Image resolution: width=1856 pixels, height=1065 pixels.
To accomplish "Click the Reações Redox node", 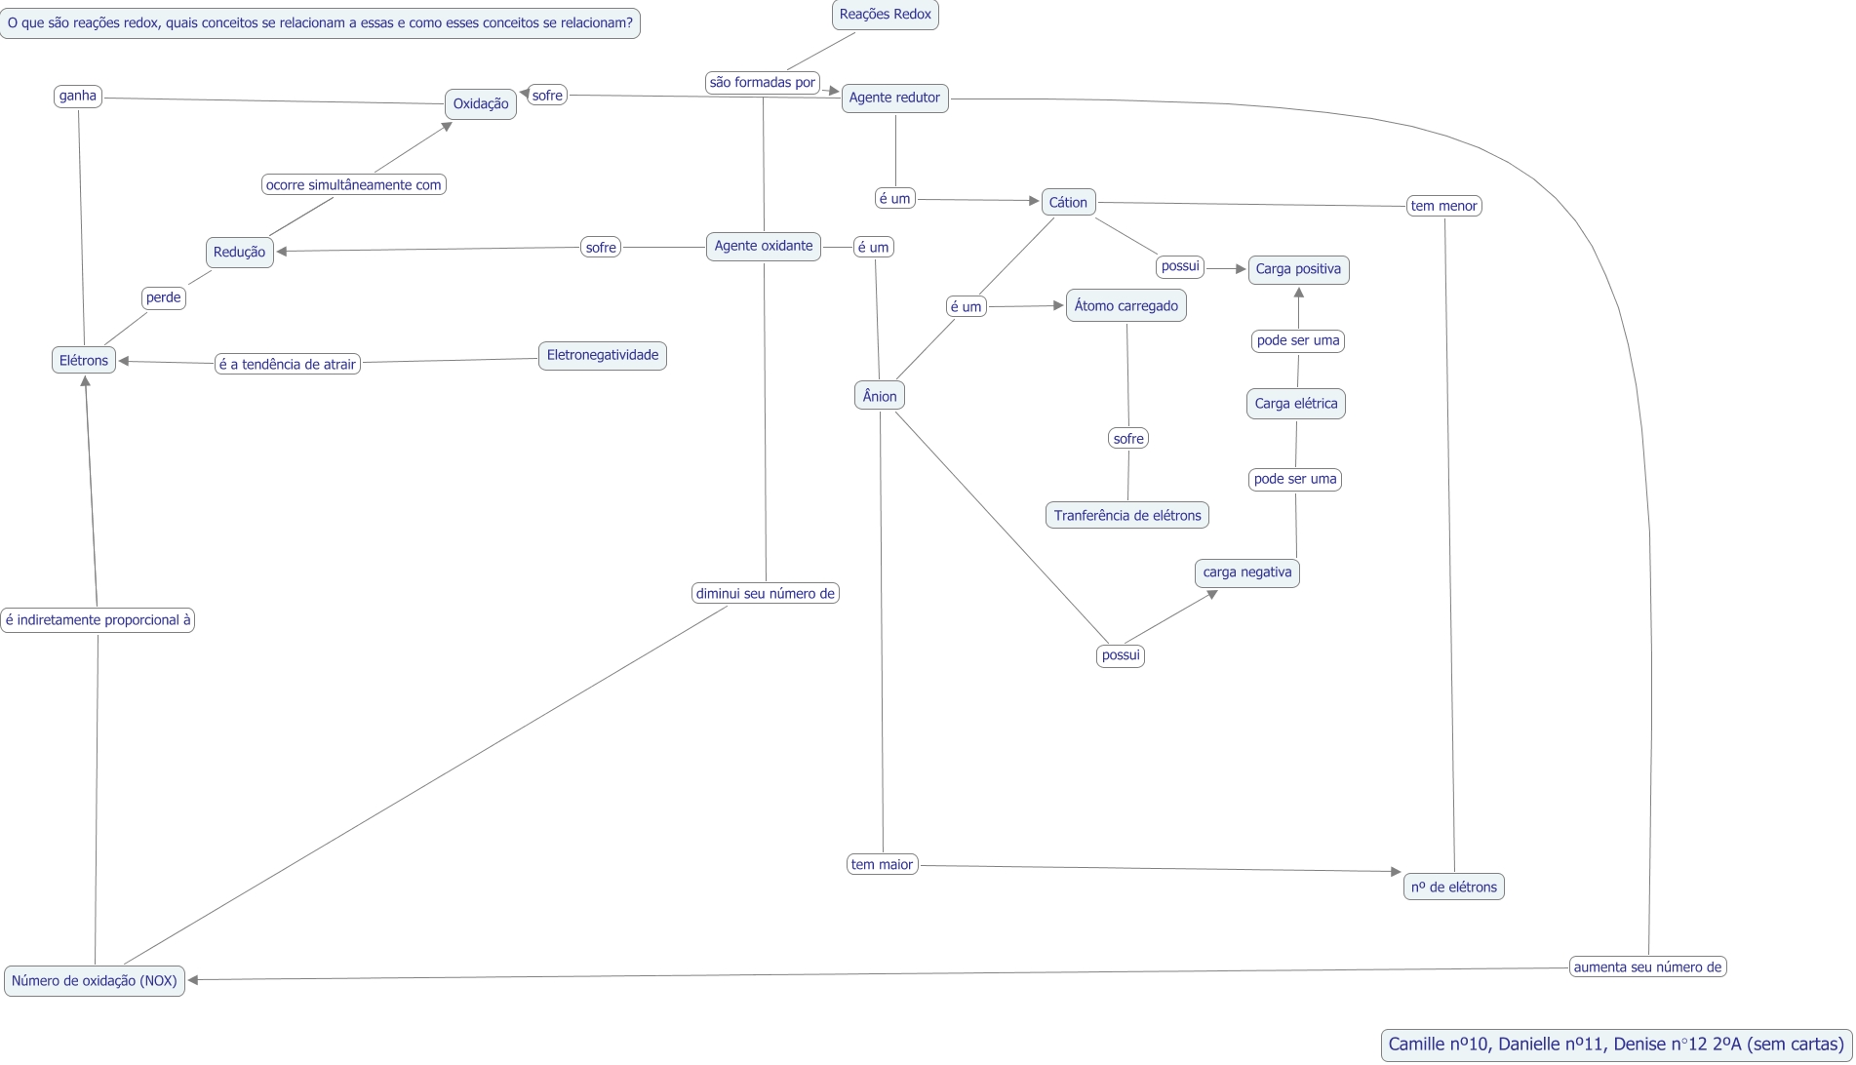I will coord(885,15).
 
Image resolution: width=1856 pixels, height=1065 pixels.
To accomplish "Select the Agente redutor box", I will coord(894,98).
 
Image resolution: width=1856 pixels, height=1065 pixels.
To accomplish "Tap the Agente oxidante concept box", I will coord(763,246).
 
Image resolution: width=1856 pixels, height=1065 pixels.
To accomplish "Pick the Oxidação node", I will coord(481,104).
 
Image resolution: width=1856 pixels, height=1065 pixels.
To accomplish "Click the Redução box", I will coord(239,252).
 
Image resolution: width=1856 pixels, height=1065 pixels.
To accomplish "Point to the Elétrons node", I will coord(84,360).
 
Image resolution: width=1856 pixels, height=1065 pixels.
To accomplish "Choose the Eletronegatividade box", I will coord(602,355).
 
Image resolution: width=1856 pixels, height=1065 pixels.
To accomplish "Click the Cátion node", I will coord(1068,202).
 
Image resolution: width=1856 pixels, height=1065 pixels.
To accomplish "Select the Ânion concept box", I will coord(880,396).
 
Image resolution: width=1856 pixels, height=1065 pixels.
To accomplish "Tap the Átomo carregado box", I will coord(1125,306).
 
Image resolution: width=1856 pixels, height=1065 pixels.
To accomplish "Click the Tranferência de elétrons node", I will coord(1126,515).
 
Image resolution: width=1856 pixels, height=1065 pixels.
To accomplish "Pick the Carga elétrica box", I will coord(1295,404).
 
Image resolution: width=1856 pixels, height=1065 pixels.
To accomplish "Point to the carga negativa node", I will coord(1246,572).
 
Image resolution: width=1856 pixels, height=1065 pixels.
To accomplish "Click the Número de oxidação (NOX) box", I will coord(95,980).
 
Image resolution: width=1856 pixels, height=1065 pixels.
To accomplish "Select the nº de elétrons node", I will coord(1453,887).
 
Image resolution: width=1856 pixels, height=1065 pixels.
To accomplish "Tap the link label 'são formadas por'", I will coord(762,83).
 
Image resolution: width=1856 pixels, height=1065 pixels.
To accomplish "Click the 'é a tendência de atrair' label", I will coord(287,364).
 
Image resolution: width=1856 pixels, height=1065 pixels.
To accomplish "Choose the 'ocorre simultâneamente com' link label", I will coord(353,184).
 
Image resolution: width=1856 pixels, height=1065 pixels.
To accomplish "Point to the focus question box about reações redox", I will coord(320,22).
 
